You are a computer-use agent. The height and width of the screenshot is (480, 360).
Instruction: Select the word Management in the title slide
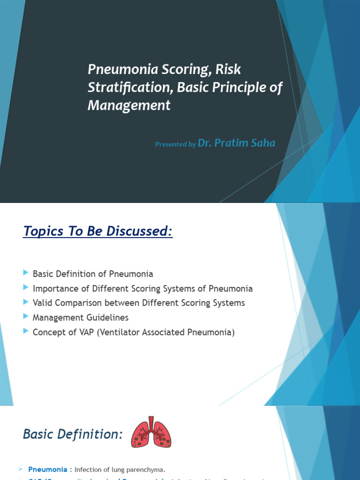pyautogui.click(x=129, y=106)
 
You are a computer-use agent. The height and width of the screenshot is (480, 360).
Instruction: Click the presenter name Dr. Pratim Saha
pyautogui.click(x=236, y=143)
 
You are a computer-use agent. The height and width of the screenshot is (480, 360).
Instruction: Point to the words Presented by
pyautogui.click(x=175, y=144)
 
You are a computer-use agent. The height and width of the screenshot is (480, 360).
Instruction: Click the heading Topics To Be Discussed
pyautogui.click(x=97, y=232)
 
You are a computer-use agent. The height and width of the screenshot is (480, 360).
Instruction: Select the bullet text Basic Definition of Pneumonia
pyautogui.click(x=93, y=274)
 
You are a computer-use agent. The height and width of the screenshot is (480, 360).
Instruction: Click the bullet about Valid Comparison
pyautogui.click(x=139, y=303)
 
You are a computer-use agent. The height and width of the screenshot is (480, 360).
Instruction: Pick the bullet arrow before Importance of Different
pyautogui.click(x=25, y=288)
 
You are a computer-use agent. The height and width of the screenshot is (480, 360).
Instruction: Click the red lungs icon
pyautogui.click(x=151, y=432)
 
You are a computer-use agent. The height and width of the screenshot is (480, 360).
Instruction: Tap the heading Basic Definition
pyautogui.click(x=73, y=435)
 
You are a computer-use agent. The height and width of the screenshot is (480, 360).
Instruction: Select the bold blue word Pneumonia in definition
pyautogui.click(x=47, y=469)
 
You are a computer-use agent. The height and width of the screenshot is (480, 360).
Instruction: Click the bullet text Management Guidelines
pyautogui.click(x=81, y=318)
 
